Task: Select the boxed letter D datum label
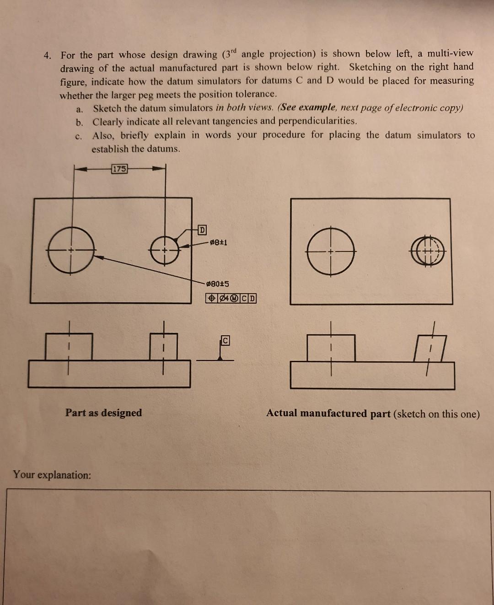coord(202,229)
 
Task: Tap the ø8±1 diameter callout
coord(218,242)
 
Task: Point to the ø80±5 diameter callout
coord(218,284)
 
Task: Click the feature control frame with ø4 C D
coord(231,298)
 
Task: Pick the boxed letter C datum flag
coord(225,340)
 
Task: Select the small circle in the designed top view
coord(165,250)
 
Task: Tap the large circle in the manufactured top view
coord(331,252)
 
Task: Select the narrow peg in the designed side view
coord(163,347)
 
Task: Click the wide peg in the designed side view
coord(69,347)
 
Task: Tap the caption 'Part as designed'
coord(103,413)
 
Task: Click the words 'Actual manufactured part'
coord(328,413)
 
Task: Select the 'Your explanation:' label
coord(52,475)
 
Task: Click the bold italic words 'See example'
coord(308,108)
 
